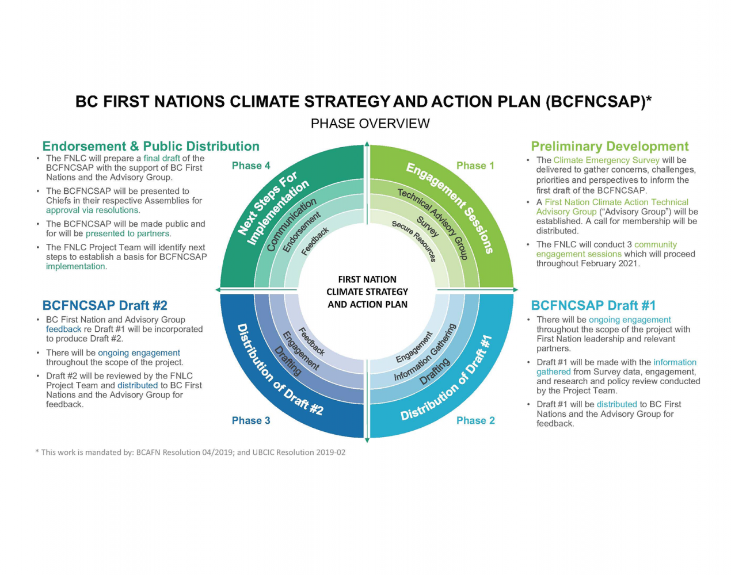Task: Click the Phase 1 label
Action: (x=475, y=166)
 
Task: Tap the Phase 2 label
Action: (x=475, y=420)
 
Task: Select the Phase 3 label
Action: (x=251, y=420)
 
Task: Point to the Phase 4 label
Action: (x=251, y=166)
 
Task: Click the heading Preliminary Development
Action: (x=610, y=146)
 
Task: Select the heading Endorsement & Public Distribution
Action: (x=151, y=146)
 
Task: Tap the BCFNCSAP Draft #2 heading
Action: (x=105, y=305)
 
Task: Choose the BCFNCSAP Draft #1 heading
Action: (x=593, y=305)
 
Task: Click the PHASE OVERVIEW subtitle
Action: (x=370, y=124)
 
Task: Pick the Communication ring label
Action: (x=291, y=225)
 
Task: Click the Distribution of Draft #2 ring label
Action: (x=279, y=370)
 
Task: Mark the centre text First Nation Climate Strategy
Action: (x=367, y=285)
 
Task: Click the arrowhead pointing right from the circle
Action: (x=516, y=290)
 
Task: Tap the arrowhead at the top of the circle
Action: (x=367, y=144)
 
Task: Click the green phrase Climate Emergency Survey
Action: (x=606, y=160)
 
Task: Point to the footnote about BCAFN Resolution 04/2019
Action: (x=190, y=453)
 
